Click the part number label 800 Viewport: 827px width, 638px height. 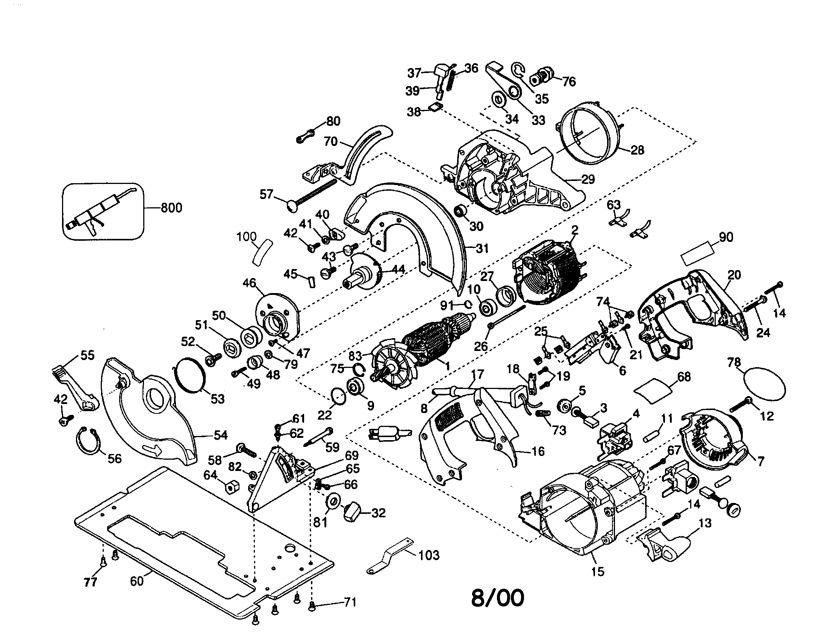click(x=171, y=208)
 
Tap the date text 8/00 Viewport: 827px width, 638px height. click(x=498, y=597)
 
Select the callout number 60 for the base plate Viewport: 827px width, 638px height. click(x=137, y=581)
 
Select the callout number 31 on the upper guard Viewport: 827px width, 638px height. click(x=482, y=249)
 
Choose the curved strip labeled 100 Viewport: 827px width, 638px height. click(x=262, y=252)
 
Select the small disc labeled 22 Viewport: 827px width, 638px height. click(x=338, y=397)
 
